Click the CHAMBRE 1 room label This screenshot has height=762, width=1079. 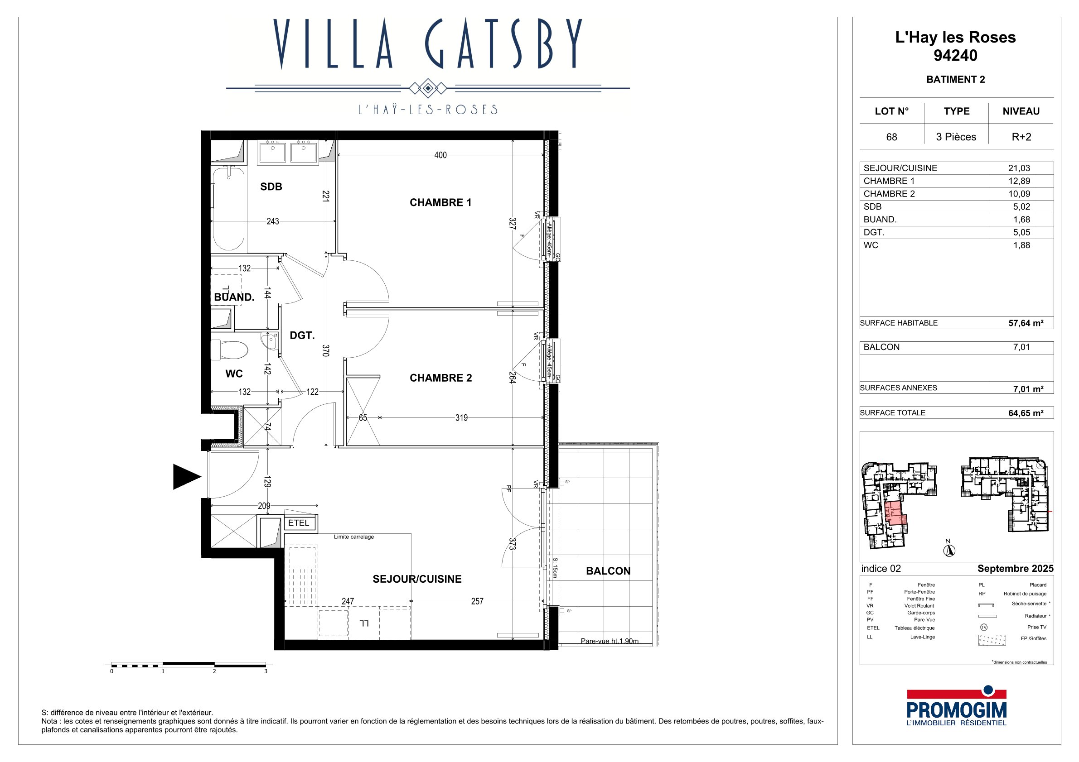click(x=440, y=202)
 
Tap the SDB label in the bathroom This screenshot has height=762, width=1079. click(x=271, y=187)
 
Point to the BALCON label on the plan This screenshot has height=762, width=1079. click(x=608, y=571)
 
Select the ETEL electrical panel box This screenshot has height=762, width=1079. click(x=299, y=522)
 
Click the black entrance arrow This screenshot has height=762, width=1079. click(x=187, y=477)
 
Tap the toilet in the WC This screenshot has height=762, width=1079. click(x=229, y=350)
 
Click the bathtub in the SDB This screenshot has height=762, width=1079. click(x=228, y=209)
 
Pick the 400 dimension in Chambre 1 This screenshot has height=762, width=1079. click(x=440, y=155)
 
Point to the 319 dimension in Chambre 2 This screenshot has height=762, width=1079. click(x=461, y=417)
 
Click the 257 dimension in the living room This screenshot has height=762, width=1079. click(x=477, y=601)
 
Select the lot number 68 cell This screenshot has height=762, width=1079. click(x=891, y=137)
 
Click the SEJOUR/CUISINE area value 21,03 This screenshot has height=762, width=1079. click(x=1019, y=168)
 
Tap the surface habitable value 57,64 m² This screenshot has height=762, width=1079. click(x=1026, y=323)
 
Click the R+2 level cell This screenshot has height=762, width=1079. click(x=1021, y=137)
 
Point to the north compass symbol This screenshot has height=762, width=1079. click(x=949, y=549)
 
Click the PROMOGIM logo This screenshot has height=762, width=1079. click(x=956, y=706)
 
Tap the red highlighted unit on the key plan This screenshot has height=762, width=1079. click(x=895, y=513)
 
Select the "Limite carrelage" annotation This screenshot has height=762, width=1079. click(x=354, y=537)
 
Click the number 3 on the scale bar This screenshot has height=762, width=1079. click(x=266, y=671)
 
